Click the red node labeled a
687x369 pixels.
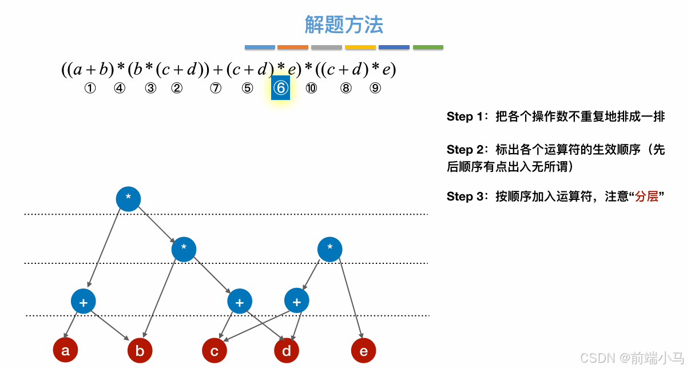click(65, 350)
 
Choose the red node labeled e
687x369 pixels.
click(363, 351)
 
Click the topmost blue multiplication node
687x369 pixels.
click(128, 198)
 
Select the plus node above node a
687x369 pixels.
click(84, 302)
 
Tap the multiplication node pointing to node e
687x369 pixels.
click(329, 249)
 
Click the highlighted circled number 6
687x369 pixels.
click(280, 88)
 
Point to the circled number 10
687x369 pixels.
click(311, 89)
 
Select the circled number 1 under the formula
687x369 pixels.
click(89, 89)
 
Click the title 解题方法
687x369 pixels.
click(344, 25)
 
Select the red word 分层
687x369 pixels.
click(646, 196)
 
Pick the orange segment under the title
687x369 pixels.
click(293, 47)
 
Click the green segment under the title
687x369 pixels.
click(428, 47)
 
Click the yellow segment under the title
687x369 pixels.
click(360, 47)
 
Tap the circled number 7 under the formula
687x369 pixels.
click(216, 89)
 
